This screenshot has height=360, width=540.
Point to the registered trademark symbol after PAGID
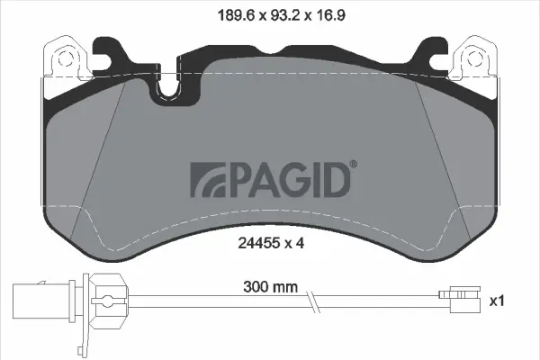point(352,163)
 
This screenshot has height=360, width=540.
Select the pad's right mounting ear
point(473,56)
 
